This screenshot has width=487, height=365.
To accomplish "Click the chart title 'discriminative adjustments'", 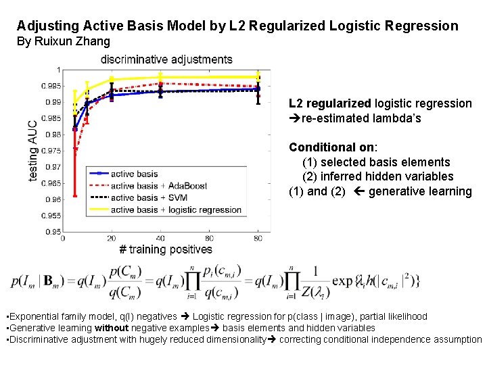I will point(166,59).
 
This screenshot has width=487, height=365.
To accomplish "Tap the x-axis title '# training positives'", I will point(166,249).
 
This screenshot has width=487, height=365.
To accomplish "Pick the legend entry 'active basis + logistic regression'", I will point(166,210).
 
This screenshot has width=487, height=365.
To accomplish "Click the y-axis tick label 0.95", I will point(52,232).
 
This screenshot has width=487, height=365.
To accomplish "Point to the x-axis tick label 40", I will point(160,239).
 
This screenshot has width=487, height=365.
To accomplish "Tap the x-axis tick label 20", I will point(112,239).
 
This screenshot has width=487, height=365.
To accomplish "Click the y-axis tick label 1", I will point(59,70).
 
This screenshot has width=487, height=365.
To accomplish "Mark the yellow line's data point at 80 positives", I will point(258,77).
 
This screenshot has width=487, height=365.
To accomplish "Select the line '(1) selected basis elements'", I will point(376,162).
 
